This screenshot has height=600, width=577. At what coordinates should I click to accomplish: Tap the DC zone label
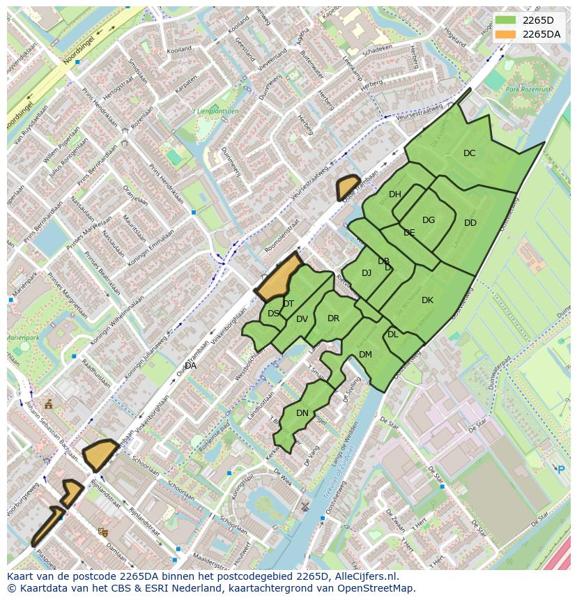coord(470,153)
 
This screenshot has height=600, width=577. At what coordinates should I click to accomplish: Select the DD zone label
coord(470,223)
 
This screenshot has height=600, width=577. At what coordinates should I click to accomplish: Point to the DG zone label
coord(429,220)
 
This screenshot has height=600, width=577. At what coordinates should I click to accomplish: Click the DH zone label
coord(395,194)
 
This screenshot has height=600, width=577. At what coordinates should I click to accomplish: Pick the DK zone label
coord(427,300)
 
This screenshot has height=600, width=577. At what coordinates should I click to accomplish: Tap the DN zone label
coord(302,413)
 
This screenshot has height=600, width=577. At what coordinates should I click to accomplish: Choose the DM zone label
coord(365,355)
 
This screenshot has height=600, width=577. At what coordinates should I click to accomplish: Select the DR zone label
coord(333,318)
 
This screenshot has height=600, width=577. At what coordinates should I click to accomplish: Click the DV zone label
coord(302,319)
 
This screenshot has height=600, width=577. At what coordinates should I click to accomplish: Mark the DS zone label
coord(273,314)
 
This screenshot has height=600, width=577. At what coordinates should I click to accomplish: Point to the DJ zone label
coord(367,273)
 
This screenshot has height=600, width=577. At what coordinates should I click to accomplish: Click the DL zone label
coord(393,334)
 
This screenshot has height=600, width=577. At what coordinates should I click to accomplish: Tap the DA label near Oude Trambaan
coord(190,365)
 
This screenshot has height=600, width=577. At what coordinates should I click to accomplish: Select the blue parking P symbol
coord(561,470)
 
